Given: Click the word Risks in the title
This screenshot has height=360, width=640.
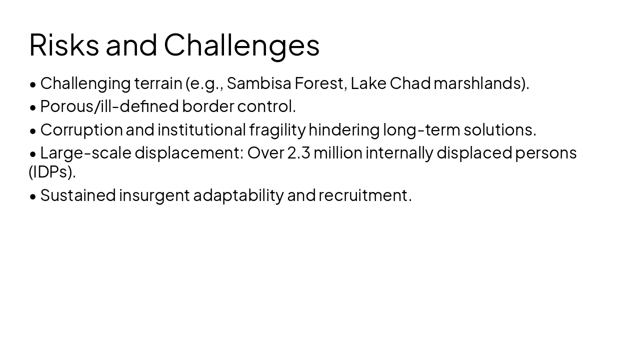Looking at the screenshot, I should point(64,44).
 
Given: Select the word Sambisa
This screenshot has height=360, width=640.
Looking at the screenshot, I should point(258,83).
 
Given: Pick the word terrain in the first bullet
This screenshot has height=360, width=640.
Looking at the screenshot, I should point(158,83).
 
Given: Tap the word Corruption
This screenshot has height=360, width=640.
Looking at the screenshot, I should point(81,130).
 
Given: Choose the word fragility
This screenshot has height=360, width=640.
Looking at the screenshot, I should point(277,130).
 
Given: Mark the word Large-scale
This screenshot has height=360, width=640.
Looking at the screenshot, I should point(85,152).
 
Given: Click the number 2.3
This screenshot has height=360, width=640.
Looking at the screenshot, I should point(298,152).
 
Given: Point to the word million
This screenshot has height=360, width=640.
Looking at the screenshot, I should point(337,152).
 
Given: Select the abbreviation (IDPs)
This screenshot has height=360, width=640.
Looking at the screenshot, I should point(52,171).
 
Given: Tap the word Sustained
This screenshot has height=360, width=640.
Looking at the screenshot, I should point(78,195).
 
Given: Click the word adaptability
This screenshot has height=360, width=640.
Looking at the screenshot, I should point(238,195).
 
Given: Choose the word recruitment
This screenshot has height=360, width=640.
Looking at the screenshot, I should point(364,195).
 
